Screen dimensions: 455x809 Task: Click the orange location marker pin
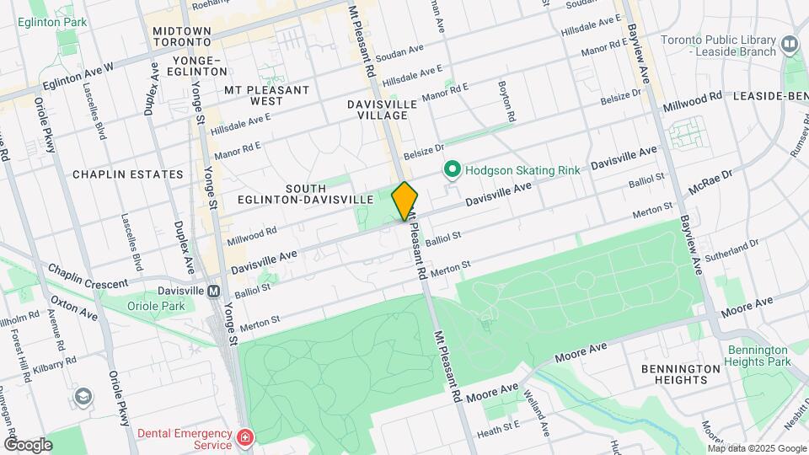405,201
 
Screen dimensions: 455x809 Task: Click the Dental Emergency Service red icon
244,438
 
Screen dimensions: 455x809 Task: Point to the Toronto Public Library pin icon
790,42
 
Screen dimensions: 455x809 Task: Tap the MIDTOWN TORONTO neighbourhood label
181,35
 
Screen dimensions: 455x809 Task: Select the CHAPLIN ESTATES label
127,174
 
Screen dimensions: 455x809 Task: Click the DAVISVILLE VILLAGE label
382,110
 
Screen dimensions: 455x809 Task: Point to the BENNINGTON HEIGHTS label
682,374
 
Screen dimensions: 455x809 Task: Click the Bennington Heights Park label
760,356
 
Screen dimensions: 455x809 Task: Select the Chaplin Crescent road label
88,276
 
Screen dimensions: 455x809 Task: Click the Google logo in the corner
28,445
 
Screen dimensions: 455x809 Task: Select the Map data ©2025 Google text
756,448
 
